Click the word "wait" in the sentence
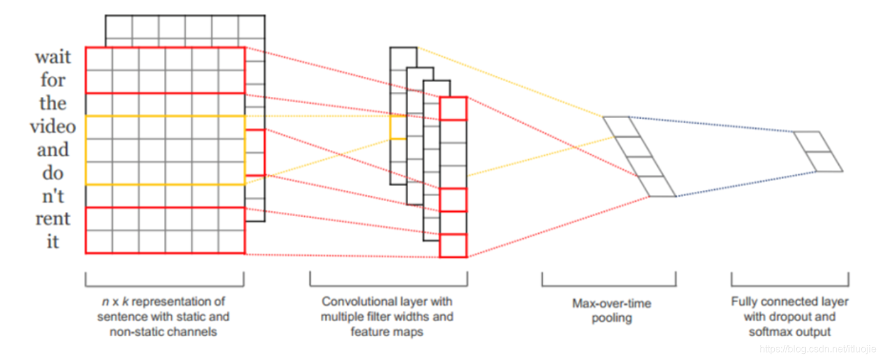point(53,57)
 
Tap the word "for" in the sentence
point(53,80)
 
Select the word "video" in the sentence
point(53,126)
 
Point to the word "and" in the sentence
point(53,149)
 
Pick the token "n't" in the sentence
point(53,196)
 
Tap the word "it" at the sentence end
point(53,241)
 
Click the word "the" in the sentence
point(53,103)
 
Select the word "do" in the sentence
point(53,172)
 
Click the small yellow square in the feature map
point(398,127)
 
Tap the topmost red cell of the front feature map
point(453,108)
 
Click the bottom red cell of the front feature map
point(453,245)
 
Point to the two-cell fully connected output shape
point(818,152)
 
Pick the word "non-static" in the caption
point(135,332)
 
